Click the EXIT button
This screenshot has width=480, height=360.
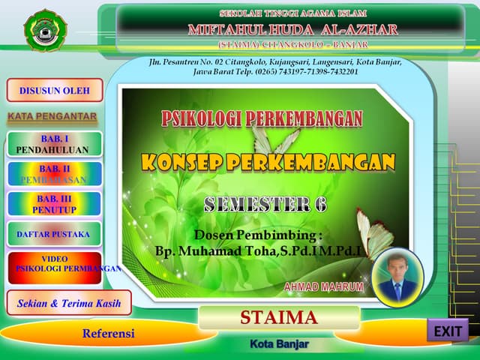pos(448,330)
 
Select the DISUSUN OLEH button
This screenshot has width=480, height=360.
pos(54,91)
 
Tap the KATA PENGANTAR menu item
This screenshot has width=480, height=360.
pos(52,117)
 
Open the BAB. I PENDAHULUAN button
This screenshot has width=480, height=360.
pos(54,144)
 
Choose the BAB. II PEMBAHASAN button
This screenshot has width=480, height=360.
pos(54,174)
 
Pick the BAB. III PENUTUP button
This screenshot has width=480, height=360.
pos(54,204)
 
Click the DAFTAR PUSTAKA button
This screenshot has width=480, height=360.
pos(54,235)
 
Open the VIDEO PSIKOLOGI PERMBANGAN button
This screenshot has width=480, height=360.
pos(54,267)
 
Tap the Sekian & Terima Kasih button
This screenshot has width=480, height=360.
pos(69,303)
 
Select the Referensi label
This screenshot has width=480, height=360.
pos(108,333)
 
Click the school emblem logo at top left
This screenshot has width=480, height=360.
pos(45,30)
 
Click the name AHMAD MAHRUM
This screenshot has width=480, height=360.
pos(324,287)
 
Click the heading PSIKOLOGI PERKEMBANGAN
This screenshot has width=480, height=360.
pos(262,118)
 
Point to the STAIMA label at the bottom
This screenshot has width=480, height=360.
pos(279,318)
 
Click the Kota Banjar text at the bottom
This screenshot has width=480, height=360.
pos(279,343)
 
